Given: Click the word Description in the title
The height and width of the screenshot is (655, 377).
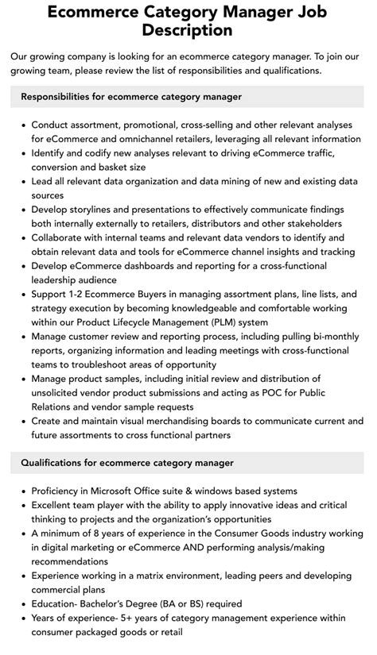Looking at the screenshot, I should (188, 30).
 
